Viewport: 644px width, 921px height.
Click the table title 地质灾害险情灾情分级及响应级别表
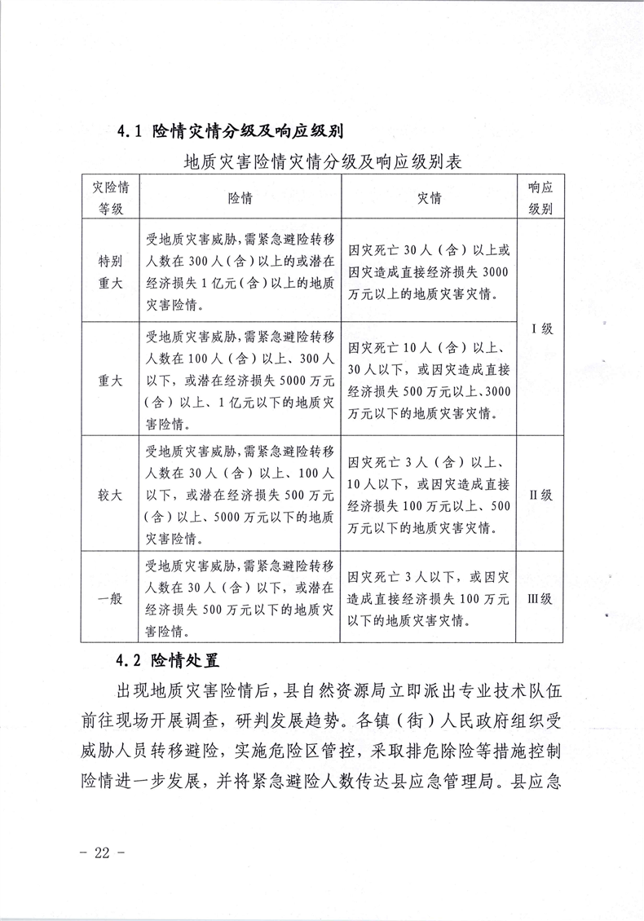click(323, 161)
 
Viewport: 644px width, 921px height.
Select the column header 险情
click(240, 198)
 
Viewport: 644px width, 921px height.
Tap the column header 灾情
click(430, 198)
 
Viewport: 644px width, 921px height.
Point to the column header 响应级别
click(540, 198)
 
